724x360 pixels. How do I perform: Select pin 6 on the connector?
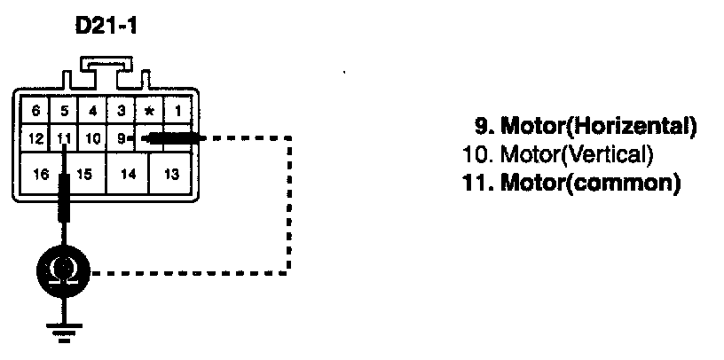(x=35, y=111)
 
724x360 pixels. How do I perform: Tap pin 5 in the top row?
(x=64, y=111)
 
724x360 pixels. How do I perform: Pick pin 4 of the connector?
(x=91, y=111)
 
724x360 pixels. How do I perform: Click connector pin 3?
(x=120, y=111)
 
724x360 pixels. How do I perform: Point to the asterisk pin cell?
(x=148, y=111)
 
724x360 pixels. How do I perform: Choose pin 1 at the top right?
(x=177, y=111)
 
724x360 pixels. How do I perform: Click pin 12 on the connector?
(x=35, y=138)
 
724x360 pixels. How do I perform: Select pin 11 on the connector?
(x=64, y=138)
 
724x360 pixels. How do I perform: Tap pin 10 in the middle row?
(x=91, y=138)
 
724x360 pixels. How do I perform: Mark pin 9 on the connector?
(x=120, y=138)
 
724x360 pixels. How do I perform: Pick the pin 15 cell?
(x=84, y=174)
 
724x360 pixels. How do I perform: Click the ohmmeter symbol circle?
(x=64, y=271)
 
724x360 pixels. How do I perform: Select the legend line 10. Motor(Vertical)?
(x=559, y=155)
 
